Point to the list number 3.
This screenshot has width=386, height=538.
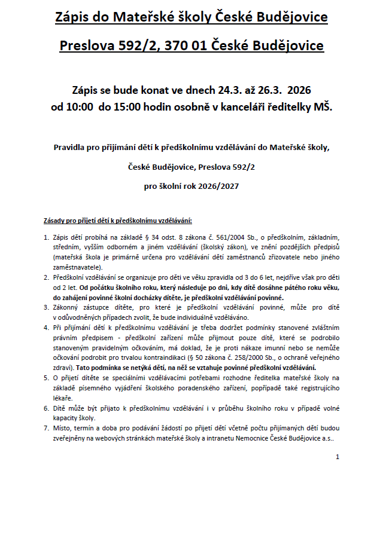[46, 307]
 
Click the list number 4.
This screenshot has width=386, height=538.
[46, 328]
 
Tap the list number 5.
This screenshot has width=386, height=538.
[46, 378]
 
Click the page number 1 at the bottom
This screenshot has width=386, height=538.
[338, 457]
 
